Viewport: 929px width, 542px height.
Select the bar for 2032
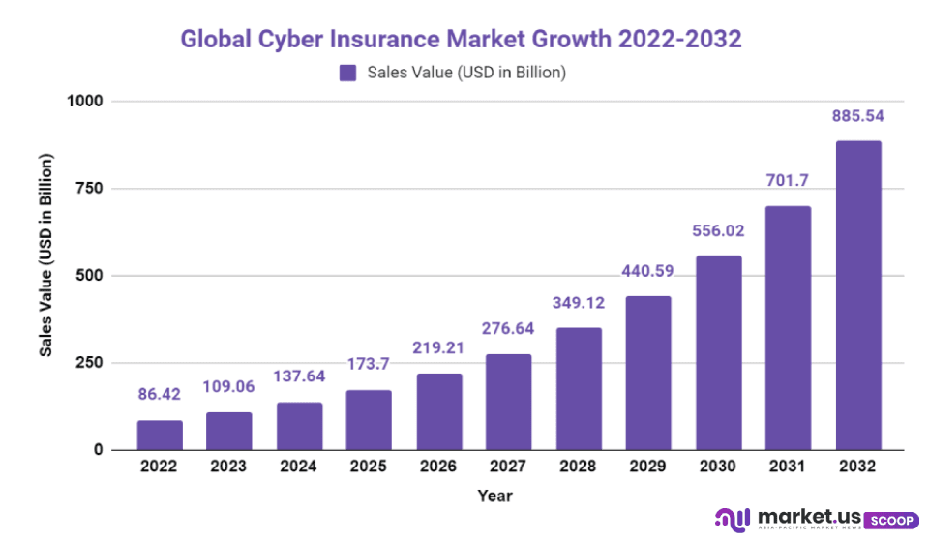point(858,295)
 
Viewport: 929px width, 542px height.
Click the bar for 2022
point(160,435)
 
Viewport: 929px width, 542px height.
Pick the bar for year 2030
point(718,352)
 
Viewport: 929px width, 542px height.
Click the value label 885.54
point(858,116)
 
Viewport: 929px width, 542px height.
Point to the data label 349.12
point(579,303)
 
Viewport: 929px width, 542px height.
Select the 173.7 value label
point(369,365)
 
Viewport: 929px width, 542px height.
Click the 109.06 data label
point(229,387)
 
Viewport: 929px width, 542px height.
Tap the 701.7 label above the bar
point(789,181)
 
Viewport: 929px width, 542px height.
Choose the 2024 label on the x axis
point(299,467)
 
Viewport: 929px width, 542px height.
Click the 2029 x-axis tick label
point(648,467)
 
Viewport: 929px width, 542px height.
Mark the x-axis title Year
point(494,496)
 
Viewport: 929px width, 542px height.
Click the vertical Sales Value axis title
point(45,255)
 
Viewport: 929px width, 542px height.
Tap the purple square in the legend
point(347,73)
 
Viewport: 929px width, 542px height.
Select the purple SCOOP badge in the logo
point(890,520)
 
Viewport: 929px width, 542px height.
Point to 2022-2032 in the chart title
point(679,40)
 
